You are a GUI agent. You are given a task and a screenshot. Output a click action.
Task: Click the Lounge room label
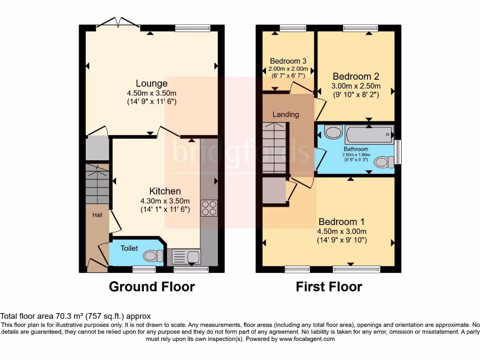pos(151,83)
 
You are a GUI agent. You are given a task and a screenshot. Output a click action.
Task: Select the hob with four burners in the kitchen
pos(209,208)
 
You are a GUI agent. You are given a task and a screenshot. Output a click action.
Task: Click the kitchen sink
pos(186,256)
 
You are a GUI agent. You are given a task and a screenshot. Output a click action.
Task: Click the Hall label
pos(97,215)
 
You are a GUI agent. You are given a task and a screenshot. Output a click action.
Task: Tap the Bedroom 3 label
pos(288,61)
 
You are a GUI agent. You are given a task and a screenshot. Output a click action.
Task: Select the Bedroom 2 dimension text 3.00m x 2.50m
pos(356,86)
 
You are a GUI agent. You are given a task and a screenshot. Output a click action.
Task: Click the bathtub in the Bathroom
pos(369,135)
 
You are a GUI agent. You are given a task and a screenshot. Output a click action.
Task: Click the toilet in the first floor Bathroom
pos(385,162)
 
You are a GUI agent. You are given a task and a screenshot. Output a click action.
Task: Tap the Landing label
pos(285,114)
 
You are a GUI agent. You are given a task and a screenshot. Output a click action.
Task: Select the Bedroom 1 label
pos(341,222)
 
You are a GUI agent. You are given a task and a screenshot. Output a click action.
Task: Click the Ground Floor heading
pos(151,286)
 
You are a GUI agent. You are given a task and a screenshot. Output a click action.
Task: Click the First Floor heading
pos(329,286)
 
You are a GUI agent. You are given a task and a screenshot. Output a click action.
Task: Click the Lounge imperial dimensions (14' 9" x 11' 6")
pos(151,101)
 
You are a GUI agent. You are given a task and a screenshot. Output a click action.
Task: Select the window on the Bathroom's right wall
pos(398,152)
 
